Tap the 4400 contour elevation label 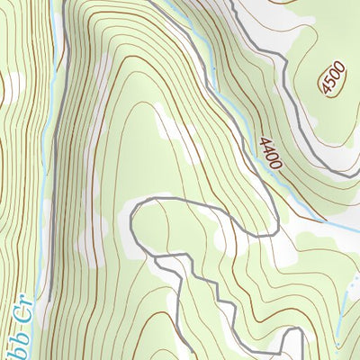(269, 153)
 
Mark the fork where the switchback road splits (155, 258)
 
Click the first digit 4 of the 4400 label (264, 141)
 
